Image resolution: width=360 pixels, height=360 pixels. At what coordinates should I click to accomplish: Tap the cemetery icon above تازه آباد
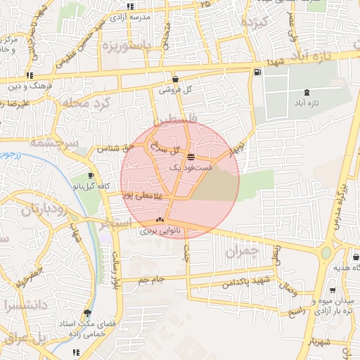[x=306, y=93]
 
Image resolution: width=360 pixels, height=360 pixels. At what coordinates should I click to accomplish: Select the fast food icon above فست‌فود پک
[x=191, y=156]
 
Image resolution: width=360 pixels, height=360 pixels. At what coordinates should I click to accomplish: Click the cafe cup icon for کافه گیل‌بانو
[x=91, y=175]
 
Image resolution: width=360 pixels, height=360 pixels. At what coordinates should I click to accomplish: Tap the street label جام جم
[x=150, y=280]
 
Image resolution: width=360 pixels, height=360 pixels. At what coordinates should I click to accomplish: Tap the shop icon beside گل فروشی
[x=174, y=79]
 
